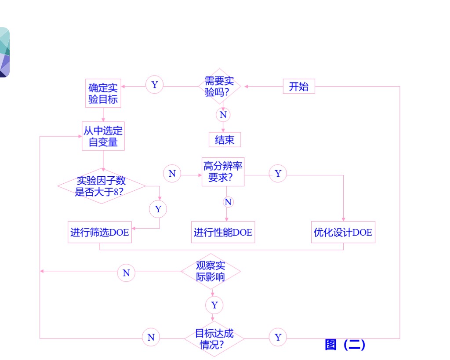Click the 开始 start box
tap(299, 87)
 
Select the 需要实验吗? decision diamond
tap(220, 87)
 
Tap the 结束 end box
tap(225, 140)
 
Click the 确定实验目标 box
tap(103, 93)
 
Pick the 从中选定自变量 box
tap(103, 136)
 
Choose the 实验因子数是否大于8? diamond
tap(102, 186)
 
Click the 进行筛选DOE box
tap(100, 232)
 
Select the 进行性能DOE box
tap(223, 232)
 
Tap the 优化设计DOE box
tap(343, 232)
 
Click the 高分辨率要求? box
tap(223, 172)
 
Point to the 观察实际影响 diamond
tap(211, 271)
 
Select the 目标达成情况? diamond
tap(214, 338)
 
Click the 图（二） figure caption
tap(345, 345)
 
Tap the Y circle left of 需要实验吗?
tap(154, 84)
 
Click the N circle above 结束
tap(223, 115)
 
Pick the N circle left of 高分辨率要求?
tap(172, 174)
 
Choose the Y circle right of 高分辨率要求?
tap(278, 174)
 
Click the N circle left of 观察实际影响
tap(126, 273)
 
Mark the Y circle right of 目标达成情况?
tap(278, 337)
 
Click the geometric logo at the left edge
tap(4, 53)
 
